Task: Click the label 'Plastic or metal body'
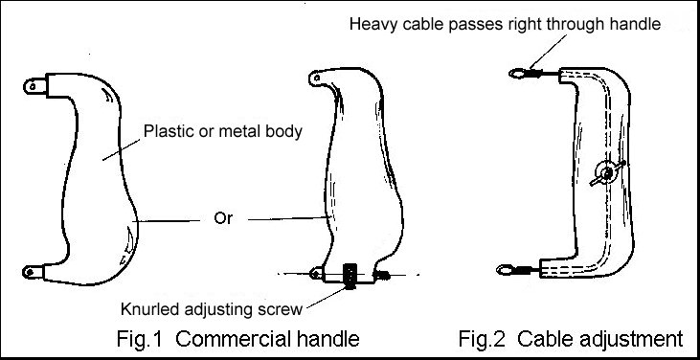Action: click(221, 131)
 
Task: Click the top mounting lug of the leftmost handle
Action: click(35, 85)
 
